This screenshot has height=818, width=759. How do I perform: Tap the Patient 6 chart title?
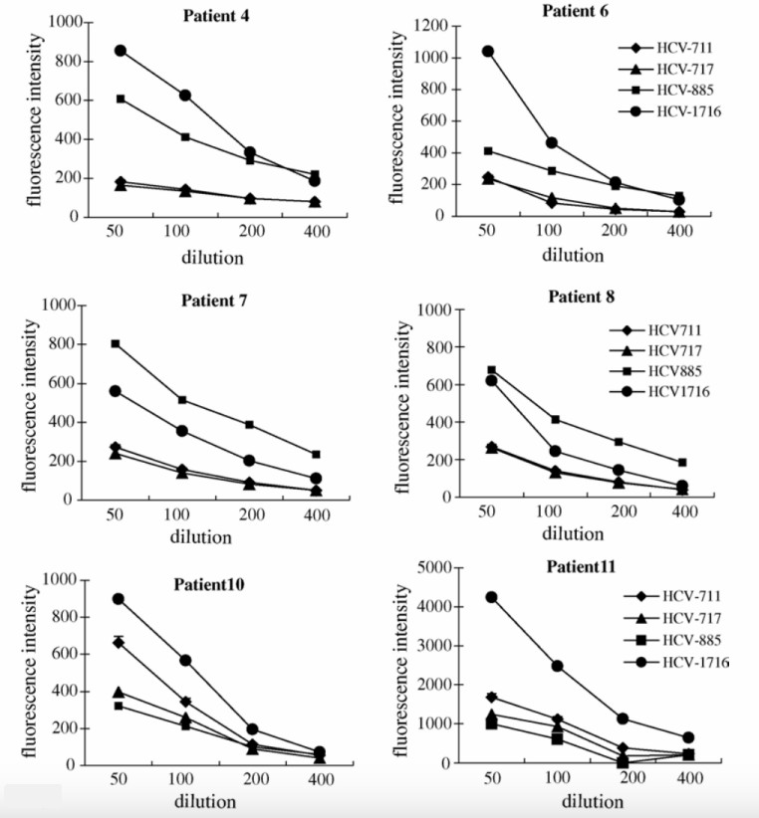583,11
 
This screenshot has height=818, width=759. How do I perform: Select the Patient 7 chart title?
221,300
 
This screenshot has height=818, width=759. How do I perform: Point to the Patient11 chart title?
581,566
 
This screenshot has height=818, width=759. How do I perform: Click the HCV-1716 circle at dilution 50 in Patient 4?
121,51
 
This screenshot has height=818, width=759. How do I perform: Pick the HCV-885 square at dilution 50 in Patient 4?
121,99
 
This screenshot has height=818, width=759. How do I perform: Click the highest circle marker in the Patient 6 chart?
487,51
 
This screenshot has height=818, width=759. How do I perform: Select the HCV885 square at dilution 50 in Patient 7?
117,343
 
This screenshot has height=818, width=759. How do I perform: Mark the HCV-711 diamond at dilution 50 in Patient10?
119,643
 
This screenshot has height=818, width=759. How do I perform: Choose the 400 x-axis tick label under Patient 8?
680,511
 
